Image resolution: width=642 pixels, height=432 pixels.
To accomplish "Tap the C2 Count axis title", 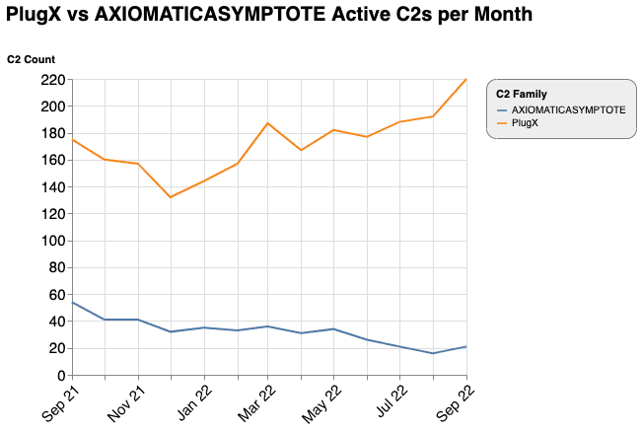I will click(31, 59).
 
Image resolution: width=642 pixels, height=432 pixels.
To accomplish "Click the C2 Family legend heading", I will click(522, 94).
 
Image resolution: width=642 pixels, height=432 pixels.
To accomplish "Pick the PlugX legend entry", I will click(525, 122).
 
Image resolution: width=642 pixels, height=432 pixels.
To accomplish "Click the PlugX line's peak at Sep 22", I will click(465, 80).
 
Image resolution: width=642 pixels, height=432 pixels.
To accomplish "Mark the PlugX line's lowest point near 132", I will click(171, 197).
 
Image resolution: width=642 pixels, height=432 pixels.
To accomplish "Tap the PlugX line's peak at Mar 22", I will click(268, 123).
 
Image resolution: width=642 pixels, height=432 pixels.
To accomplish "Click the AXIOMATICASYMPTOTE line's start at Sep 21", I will click(72, 303).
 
